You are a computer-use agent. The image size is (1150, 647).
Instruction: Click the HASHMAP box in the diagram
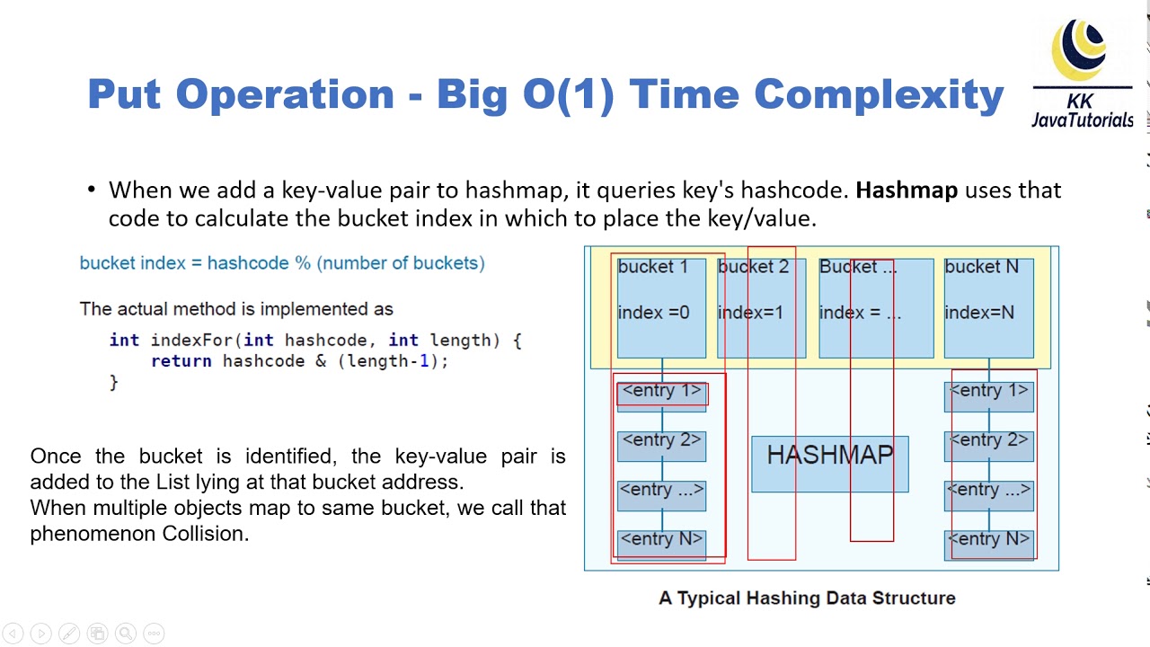coord(829,464)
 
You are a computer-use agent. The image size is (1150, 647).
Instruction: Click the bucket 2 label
coord(753,267)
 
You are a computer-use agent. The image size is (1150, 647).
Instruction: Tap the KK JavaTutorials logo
coord(1082,76)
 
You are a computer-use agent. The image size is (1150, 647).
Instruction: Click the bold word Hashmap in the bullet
coord(906,191)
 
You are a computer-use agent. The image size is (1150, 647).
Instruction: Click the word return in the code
coord(181,361)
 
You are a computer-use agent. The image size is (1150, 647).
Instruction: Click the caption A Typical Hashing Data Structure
coord(807,598)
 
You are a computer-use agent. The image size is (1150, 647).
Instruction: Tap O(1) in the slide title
coord(568,94)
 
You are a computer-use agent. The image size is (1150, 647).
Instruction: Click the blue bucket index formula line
coord(282,263)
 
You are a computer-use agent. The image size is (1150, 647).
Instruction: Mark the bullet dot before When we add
coord(92,191)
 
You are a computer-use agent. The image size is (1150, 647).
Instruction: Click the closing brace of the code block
coord(114,383)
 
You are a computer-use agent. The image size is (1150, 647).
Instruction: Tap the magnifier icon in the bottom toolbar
coord(126,634)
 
